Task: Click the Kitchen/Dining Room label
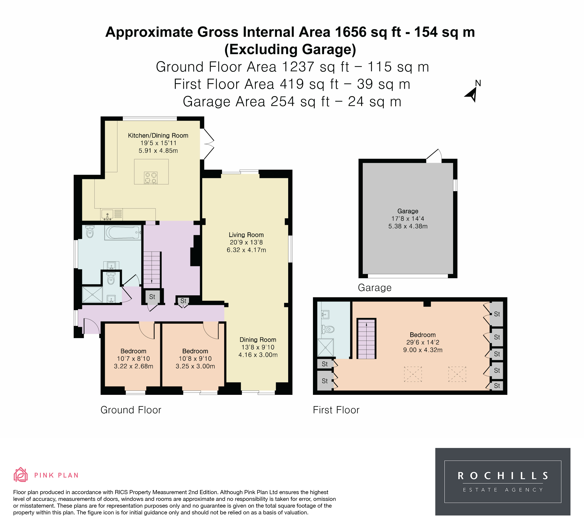pyautogui.click(x=158, y=136)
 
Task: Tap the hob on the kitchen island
pyautogui.click(x=151, y=178)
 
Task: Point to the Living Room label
pyautogui.click(x=246, y=235)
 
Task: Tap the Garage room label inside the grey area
pyautogui.click(x=408, y=211)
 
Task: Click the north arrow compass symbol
pyautogui.click(x=472, y=94)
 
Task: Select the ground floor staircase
pyautogui.click(x=152, y=268)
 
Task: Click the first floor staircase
pyautogui.click(x=366, y=339)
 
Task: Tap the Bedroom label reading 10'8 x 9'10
pyautogui.click(x=195, y=359)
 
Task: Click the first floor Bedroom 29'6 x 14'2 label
pyautogui.click(x=423, y=342)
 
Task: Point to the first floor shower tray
pyautogui.click(x=326, y=348)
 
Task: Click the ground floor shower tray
pyautogui.click(x=92, y=295)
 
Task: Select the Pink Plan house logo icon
pyautogui.click(x=21, y=475)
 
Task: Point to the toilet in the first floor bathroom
pyautogui.click(x=328, y=329)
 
